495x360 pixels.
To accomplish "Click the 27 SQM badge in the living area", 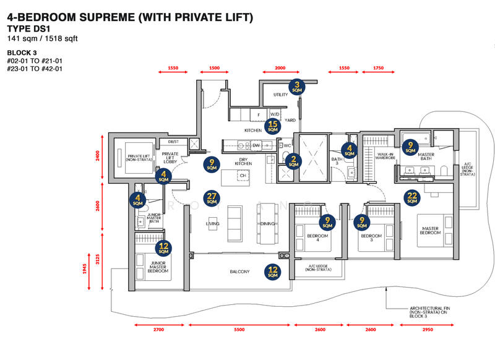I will pyautogui.click(x=212, y=198).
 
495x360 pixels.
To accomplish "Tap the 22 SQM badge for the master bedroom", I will pyautogui.click(x=412, y=197).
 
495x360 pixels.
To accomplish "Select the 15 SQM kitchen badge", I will pyautogui.click(x=272, y=126).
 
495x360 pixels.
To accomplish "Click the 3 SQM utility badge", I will pyautogui.click(x=297, y=87).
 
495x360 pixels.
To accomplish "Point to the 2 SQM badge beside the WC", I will pyautogui.click(x=294, y=161).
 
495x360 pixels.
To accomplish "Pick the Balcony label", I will pyautogui.click(x=239, y=272).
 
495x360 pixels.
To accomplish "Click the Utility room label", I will pyautogui.click(x=280, y=95).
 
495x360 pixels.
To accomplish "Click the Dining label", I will pyautogui.click(x=267, y=224).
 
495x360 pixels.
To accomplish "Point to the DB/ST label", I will pyautogui.click(x=173, y=141).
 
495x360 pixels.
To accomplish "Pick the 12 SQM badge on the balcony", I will pyautogui.click(x=272, y=271).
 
